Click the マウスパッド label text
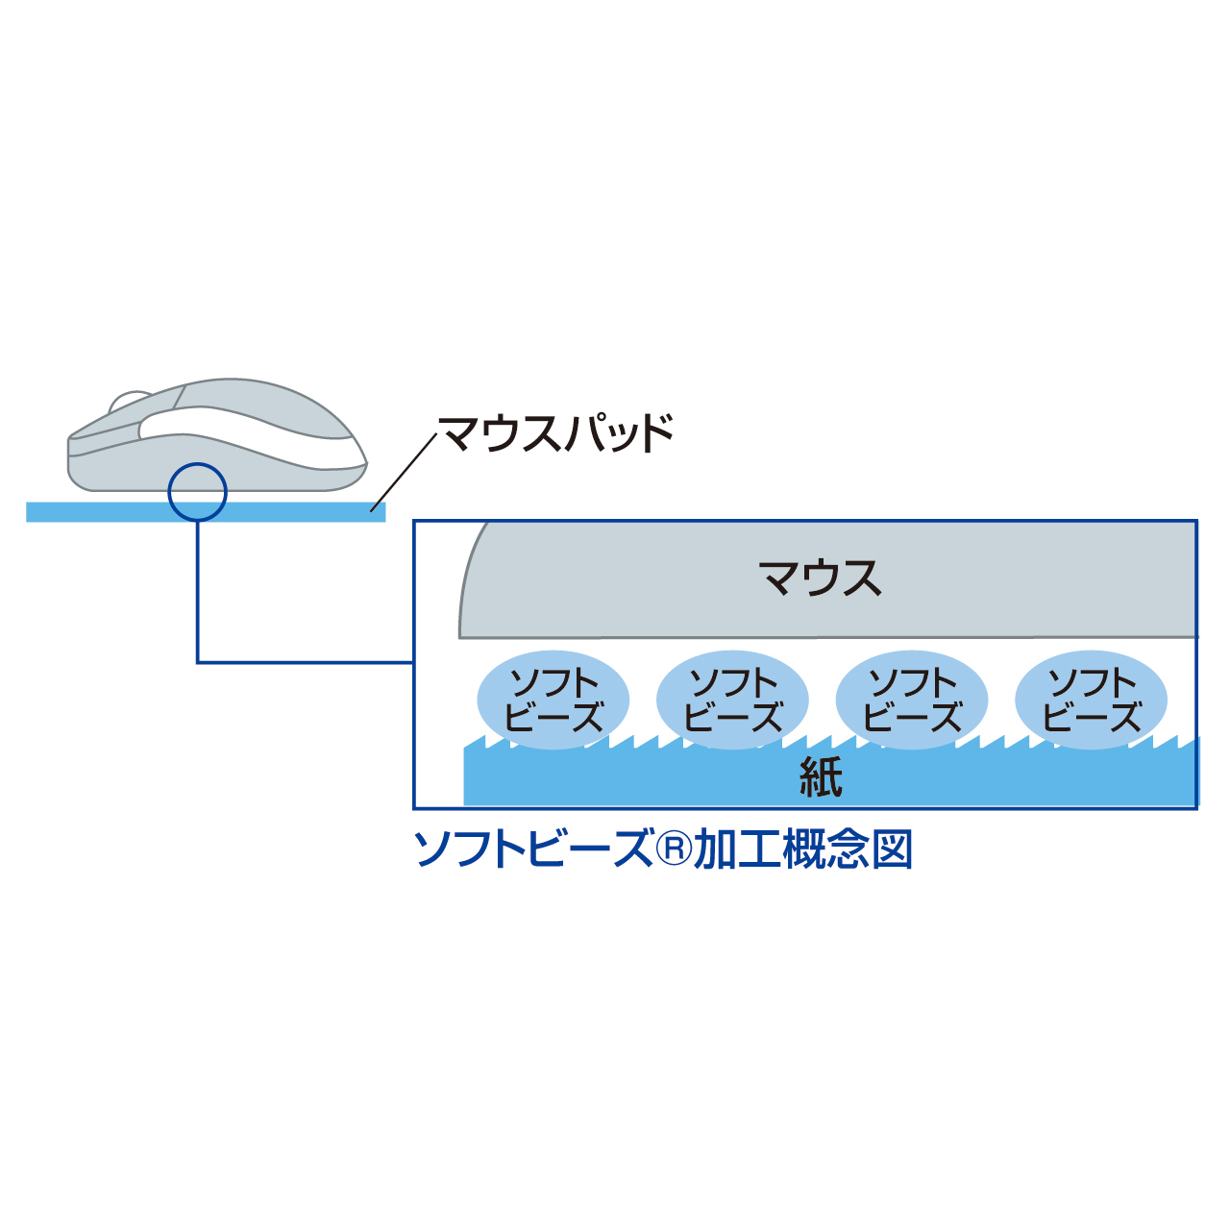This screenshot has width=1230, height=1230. [x=556, y=433]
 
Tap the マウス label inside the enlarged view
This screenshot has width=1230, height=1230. [x=820, y=578]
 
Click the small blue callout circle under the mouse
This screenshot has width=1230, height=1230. [x=197, y=492]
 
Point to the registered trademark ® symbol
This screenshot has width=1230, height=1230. [x=674, y=849]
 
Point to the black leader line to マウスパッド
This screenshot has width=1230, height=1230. [x=404, y=471]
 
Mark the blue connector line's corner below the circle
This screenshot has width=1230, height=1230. [x=198, y=662]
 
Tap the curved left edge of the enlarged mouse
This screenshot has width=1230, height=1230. [x=467, y=577]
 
